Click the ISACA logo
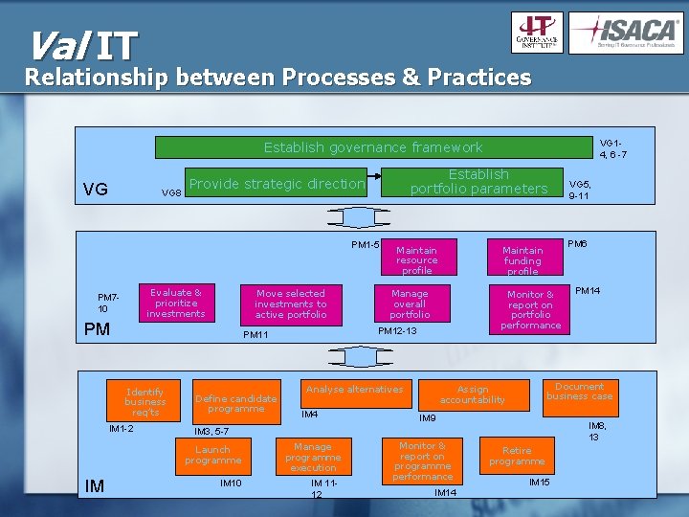[x=626, y=34]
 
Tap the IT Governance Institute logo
[x=538, y=34]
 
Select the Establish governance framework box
[x=373, y=147]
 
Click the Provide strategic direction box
[x=277, y=184]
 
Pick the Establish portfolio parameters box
[x=478, y=182]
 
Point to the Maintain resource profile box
[x=417, y=260]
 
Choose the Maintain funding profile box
[x=522, y=260]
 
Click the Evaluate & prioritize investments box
[x=176, y=303]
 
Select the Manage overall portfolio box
[x=410, y=303]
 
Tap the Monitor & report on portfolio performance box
[x=531, y=309]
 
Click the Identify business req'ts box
[x=144, y=402]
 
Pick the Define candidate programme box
[x=235, y=403]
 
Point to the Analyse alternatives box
[x=354, y=390]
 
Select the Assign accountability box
[x=473, y=394]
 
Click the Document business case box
[x=579, y=392]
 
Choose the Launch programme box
[x=212, y=455]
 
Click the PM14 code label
[x=588, y=290]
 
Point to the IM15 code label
[x=540, y=483]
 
